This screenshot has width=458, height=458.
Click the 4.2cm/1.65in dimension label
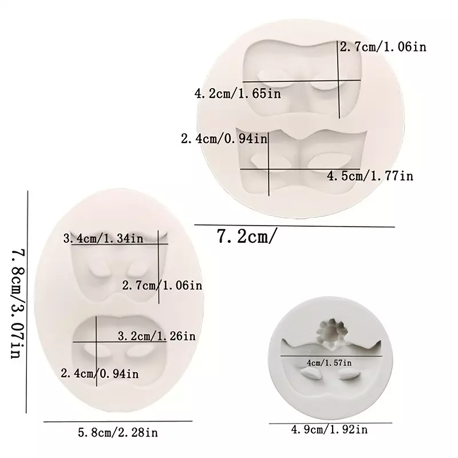pyautogui.click(x=238, y=94)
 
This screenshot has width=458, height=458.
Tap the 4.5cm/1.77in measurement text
pyautogui.click(x=370, y=176)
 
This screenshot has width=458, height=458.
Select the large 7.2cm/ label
pyautogui.click(x=246, y=236)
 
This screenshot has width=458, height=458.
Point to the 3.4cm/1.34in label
pyautogui.click(x=104, y=239)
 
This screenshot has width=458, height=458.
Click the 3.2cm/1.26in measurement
pyautogui.click(x=156, y=336)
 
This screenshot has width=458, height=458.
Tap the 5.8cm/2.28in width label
pyautogui.click(x=118, y=433)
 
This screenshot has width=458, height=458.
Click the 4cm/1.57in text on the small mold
pyautogui.click(x=329, y=363)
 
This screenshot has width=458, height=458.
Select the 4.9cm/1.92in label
pyautogui.click(x=330, y=429)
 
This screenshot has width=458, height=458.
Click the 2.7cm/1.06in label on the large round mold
pyautogui.click(x=383, y=47)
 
